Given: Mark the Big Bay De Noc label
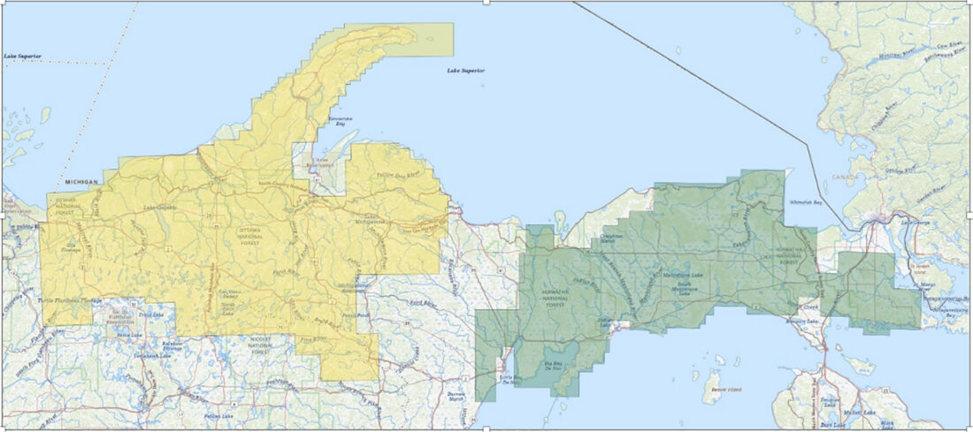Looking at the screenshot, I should [553, 364].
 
